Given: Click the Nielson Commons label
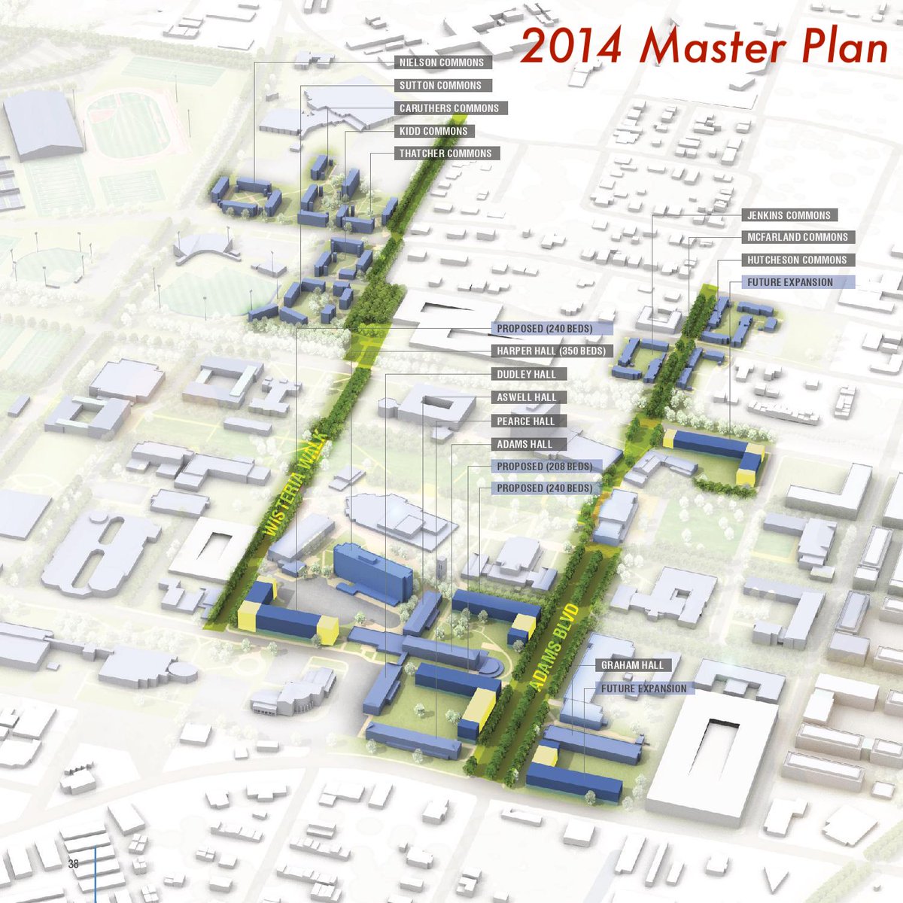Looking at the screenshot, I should pos(442,62).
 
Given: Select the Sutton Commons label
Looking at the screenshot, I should pos(440,86).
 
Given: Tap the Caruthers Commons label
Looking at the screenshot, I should pos(449,108).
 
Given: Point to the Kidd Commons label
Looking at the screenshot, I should pos(433,131).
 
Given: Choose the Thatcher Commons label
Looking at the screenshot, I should pos(445,154).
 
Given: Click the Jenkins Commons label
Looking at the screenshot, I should pos(789,215).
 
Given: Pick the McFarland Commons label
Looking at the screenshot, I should pos(798,237).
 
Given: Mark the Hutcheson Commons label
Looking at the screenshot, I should pos(797,260).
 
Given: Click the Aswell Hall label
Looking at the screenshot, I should pos(527,397).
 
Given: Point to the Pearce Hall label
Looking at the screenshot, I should pos(525,421).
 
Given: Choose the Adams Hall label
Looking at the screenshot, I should pos(524,445).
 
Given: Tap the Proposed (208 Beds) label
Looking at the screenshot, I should pos(544,467).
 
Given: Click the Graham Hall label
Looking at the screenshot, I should pos(633,665).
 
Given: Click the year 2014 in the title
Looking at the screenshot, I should pos(572,47).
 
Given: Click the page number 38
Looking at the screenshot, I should pos(73,864).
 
